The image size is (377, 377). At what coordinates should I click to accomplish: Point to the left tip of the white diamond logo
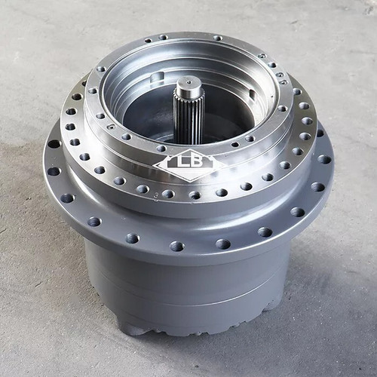point(155,165)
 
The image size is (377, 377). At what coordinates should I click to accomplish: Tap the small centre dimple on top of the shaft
point(189,82)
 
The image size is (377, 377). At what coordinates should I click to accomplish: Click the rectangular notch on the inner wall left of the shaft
point(156,78)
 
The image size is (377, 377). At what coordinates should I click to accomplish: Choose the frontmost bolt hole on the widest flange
point(177,246)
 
